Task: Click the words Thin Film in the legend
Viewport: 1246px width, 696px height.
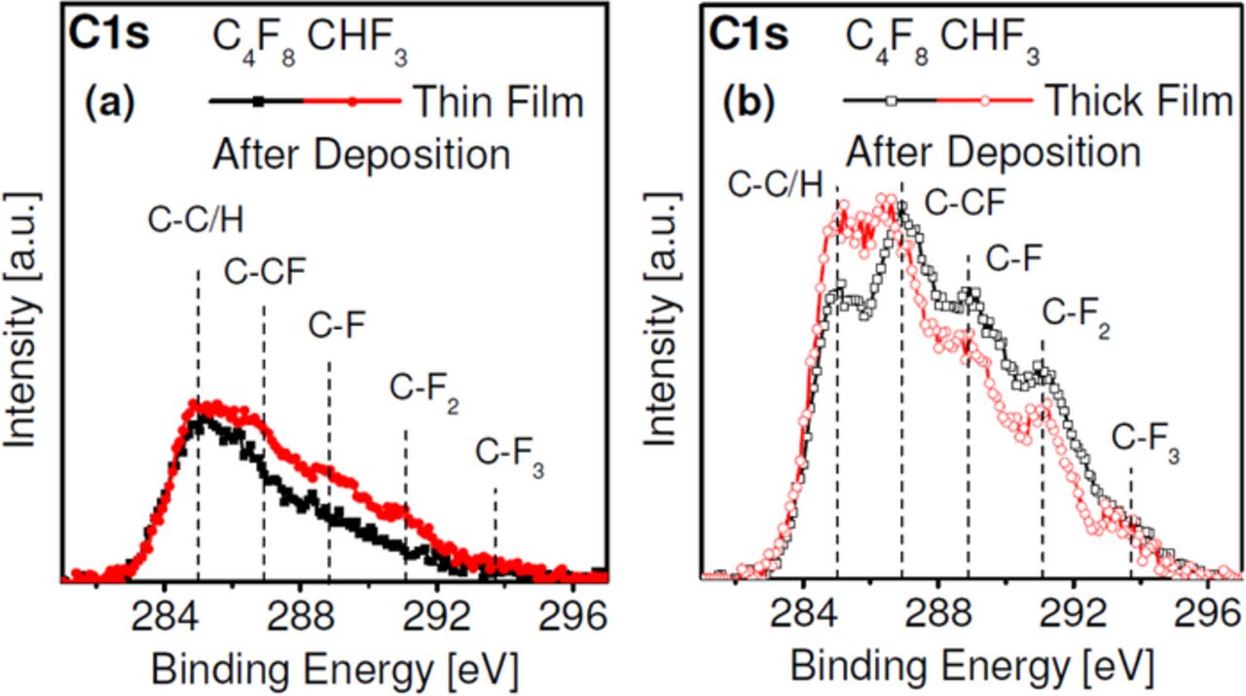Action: coord(498,100)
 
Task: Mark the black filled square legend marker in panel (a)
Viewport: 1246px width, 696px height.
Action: coord(258,100)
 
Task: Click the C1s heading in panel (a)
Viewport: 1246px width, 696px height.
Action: coord(107,36)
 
